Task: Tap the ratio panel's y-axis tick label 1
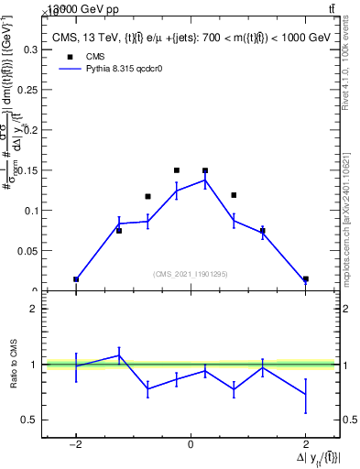33,365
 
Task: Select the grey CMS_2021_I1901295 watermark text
190,274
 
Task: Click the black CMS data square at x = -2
76,279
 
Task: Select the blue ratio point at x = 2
305,394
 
